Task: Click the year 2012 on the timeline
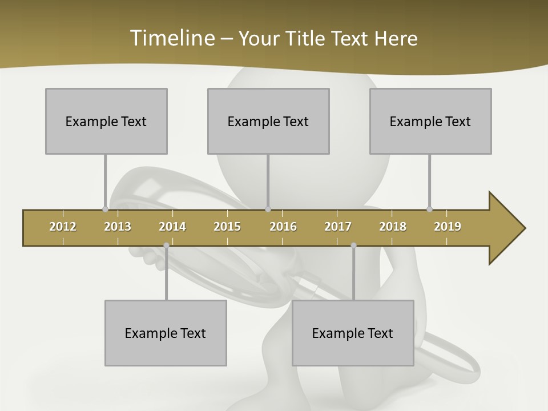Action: [63, 227]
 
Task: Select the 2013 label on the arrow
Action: [118, 227]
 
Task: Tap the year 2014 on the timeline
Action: [172, 227]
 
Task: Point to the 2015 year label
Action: [227, 227]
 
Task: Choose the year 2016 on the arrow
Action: [283, 227]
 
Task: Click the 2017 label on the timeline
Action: [338, 227]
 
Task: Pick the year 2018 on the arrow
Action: [393, 227]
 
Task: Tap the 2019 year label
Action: [448, 227]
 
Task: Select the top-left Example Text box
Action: [106, 121]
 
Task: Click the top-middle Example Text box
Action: [268, 121]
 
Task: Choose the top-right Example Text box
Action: [430, 121]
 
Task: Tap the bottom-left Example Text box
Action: [166, 333]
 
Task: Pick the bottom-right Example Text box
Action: [353, 333]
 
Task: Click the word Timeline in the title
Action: [171, 38]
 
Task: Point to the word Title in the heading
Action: [306, 38]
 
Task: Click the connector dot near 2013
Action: [105, 209]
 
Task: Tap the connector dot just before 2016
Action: [268, 209]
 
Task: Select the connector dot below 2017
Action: [353, 245]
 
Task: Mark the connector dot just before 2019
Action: [429, 209]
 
